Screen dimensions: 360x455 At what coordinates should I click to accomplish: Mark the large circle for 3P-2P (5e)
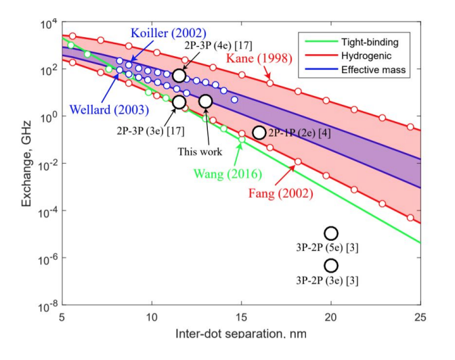tap(330, 233)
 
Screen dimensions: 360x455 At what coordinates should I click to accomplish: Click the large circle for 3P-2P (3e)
tap(330, 266)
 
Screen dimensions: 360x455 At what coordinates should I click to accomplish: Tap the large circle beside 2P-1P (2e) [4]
tap(259, 133)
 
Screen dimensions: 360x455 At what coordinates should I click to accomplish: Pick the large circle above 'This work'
tap(205, 101)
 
